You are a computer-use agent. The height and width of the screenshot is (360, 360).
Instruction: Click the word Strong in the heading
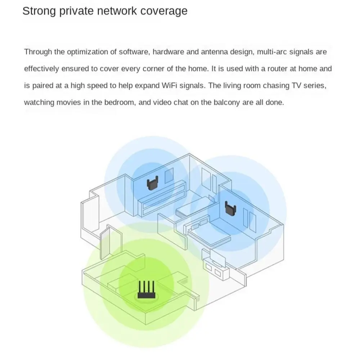coord(39,11)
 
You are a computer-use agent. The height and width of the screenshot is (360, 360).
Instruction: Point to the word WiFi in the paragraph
coord(170,85)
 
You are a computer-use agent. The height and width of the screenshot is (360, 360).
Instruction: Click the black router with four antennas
coord(146,290)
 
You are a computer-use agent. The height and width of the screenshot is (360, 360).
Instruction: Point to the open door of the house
coord(105,243)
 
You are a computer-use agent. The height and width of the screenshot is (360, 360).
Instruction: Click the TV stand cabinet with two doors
coord(215,268)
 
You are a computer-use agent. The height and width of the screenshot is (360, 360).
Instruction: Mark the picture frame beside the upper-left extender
coord(169,175)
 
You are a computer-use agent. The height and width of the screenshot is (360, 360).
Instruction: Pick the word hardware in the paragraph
coord(168,52)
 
